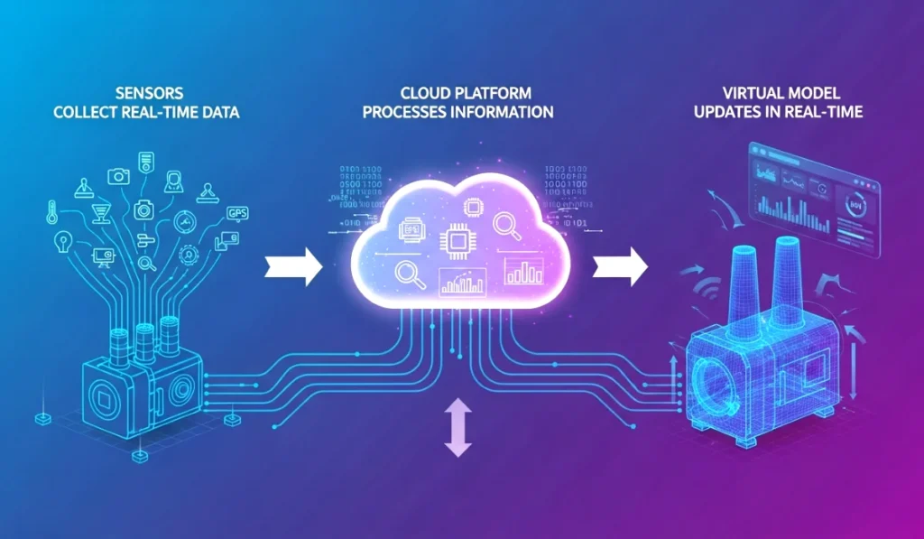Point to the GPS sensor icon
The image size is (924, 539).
237,213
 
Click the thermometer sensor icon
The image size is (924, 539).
52,214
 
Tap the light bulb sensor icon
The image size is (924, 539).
62,241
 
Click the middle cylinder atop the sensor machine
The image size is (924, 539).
143,338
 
